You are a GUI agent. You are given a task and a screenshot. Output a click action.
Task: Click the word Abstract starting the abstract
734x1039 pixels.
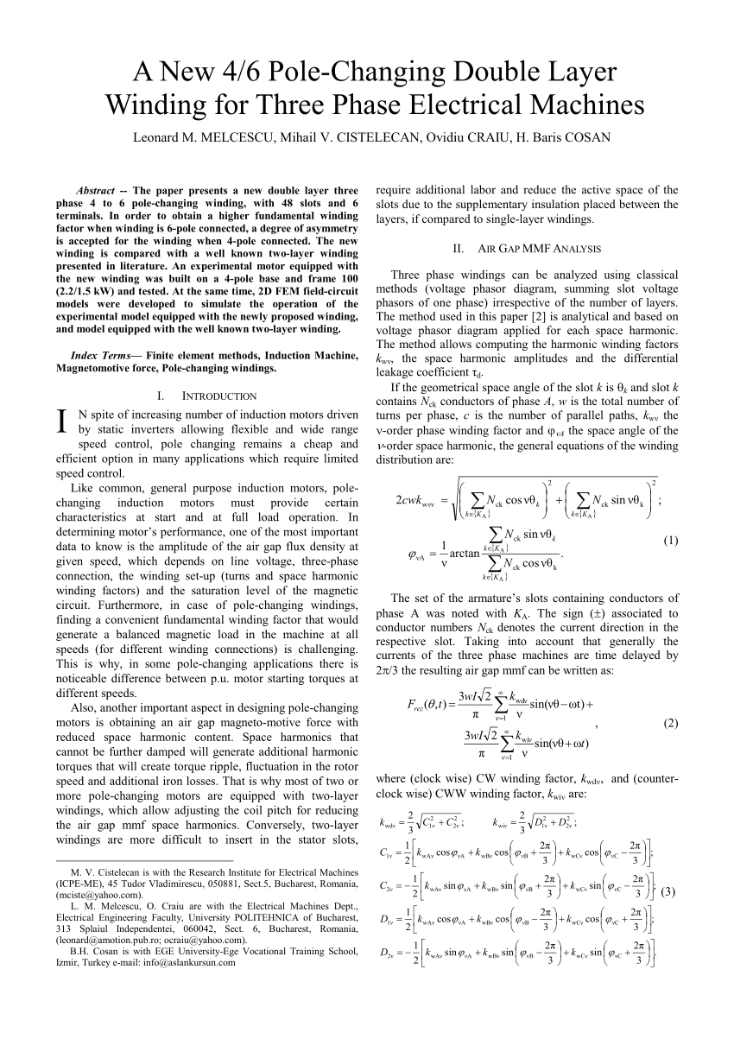pyautogui.click(x=96, y=190)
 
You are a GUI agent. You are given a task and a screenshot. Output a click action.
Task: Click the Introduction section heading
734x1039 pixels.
pyautogui.click(x=219, y=396)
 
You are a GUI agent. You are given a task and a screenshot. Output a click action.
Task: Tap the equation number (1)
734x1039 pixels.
pyautogui.click(x=670, y=542)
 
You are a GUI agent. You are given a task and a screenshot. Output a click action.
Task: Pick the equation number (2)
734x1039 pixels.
pyautogui.click(x=670, y=722)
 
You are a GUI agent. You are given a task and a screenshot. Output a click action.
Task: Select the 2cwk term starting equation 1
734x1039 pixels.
pyautogui.click(x=414, y=501)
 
